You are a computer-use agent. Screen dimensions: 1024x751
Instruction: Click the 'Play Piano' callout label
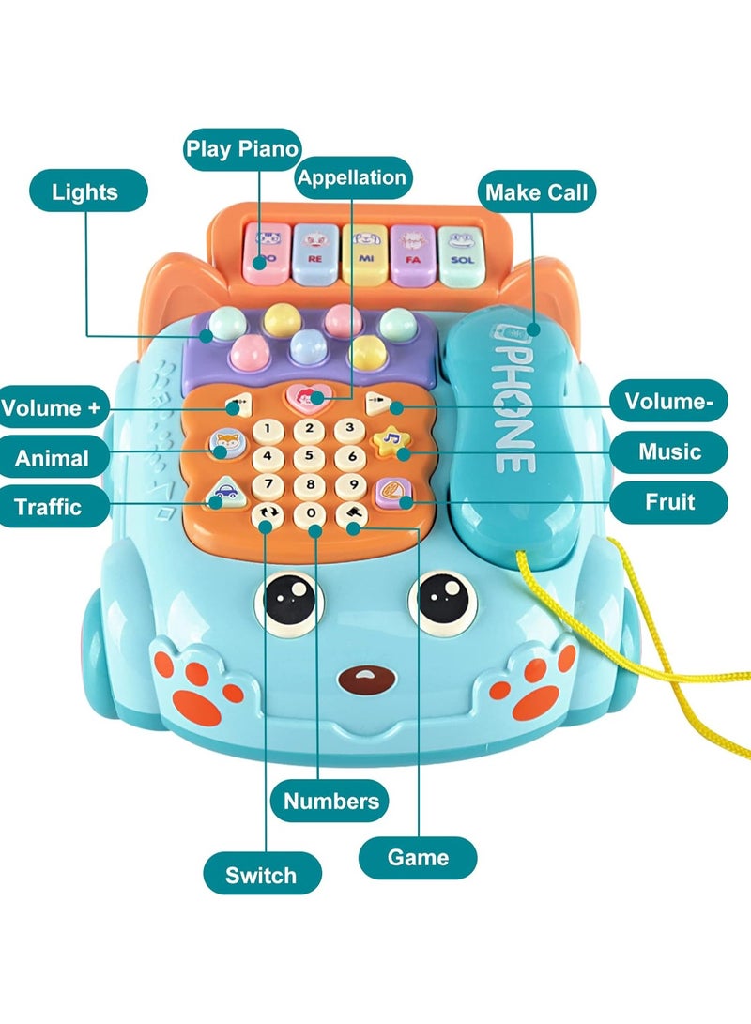[x=242, y=148]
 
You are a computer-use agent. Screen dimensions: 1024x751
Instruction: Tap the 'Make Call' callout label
[x=537, y=192]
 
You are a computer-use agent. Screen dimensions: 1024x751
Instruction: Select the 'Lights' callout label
[x=85, y=192]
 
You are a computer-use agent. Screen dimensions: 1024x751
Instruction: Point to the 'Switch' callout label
[x=260, y=875]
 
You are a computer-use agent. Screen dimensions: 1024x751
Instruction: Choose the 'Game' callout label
[x=418, y=857]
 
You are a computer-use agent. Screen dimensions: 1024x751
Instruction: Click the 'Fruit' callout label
[x=669, y=501]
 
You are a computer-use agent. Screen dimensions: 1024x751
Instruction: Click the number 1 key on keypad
[x=268, y=430]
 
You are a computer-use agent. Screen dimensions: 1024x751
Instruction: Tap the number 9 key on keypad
[x=351, y=485]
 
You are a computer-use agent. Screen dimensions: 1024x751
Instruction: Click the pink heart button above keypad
[x=308, y=398]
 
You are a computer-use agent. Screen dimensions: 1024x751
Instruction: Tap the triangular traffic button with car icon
[x=224, y=491]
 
